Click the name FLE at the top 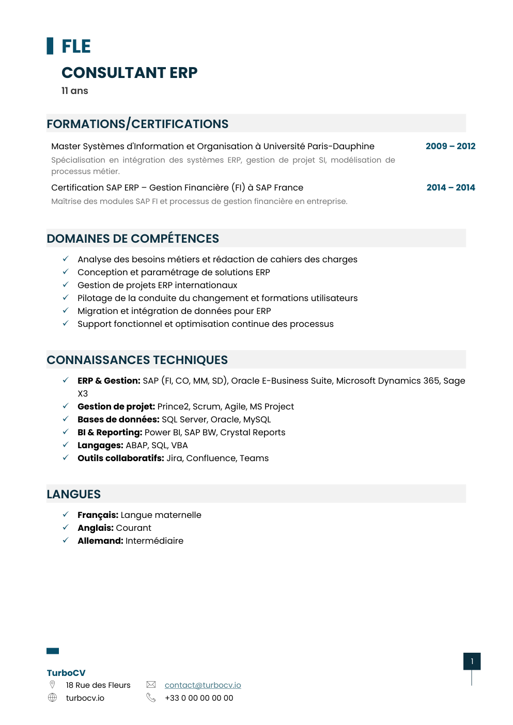pyautogui.click(x=76, y=46)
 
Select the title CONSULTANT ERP pyautogui.click(x=129, y=73)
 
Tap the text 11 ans pyautogui.click(x=75, y=91)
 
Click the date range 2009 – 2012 pyautogui.click(x=450, y=146)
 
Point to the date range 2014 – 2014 pyautogui.click(x=450, y=187)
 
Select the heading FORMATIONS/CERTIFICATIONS pyautogui.click(x=137, y=124)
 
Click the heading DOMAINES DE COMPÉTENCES pyautogui.click(x=133, y=239)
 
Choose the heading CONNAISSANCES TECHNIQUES pyautogui.click(x=137, y=360)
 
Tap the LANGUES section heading pyautogui.click(x=73, y=494)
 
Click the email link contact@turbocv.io pyautogui.click(x=203, y=685)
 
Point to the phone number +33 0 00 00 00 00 pyautogui.click(x=199, y=698)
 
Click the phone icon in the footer pyautogui.click(x=151, y=698)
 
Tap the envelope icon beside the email pyautogui.click(x=151, y=685)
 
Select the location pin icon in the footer pyautogui.click(x=52, y=685)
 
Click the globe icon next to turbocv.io pyautogui.click(x=52, y=698)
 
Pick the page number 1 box pyautogui.click(x=472, y=661)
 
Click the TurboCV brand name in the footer pyautogui.click(x=66, y=673)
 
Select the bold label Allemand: pyautogui.click(x=100, y=541)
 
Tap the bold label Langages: pyautogui.click(x=100, y=445)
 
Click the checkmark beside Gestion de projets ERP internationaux pyautogui.click(x=66, y=285)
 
